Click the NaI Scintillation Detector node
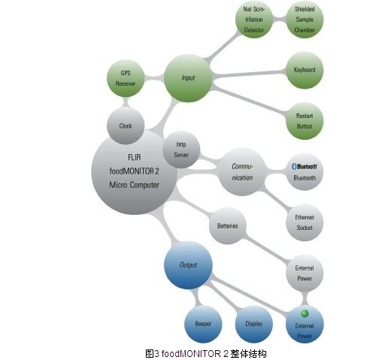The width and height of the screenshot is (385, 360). tap(254, 20)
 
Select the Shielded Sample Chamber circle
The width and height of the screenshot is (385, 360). tap(305, 20)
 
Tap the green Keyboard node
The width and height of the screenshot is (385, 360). tap(305, 70)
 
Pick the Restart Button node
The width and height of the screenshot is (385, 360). tap(305, 121)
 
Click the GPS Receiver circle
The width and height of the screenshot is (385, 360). tap(126, 78)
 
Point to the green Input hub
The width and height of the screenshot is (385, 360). tap(188, 78)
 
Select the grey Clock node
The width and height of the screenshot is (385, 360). tap(126, 126)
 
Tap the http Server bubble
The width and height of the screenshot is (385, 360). tap(181, 150)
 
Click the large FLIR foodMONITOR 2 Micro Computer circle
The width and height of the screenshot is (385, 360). tap(135, 172)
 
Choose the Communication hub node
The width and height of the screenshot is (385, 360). tap(242, 172)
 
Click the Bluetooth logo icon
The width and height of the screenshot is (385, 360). tap(294, 166)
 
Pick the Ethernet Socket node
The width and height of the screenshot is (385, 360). tap(305, 222)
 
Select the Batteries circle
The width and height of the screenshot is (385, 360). tap(228, 225)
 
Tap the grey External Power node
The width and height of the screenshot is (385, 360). tap(305, 273)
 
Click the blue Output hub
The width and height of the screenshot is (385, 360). tap(188, 265)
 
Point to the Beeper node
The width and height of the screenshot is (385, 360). tap(203, 324)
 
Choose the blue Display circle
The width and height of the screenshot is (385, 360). tap(254, 324)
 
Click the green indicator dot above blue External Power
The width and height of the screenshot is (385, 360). tap(305, 313)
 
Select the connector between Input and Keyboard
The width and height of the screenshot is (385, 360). tap(249, 74)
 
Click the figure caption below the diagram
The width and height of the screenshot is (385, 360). tap(206, 354)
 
